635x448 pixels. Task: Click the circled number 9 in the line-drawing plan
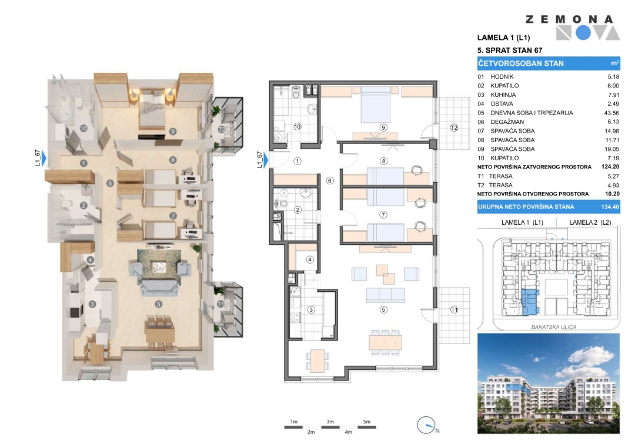click(383, 127)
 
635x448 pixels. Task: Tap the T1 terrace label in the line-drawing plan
click(454, 309)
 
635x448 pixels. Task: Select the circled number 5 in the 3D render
click(158, 304)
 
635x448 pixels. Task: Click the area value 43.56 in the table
click(611, 113)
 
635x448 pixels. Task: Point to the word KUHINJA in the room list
click(503, 95)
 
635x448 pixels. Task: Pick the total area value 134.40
click(610, 207)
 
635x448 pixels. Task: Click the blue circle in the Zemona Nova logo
click(583, 33)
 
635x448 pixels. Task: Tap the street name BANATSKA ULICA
click(554, 327)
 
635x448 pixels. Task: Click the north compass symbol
click(426, 426)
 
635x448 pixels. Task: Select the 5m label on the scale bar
click(366, 422)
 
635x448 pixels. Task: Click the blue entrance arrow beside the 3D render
click(44, 158)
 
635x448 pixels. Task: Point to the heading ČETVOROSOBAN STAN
click(521, 63)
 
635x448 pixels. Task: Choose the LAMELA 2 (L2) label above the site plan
click(590, 223)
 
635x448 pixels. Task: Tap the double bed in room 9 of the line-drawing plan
click(375, 105)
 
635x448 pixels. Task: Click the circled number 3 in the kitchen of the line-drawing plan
click(311, 309)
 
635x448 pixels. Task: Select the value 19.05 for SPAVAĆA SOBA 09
click(611, 149)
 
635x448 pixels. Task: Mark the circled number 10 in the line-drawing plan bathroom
click(298, 127)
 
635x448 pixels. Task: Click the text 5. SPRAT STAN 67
click(510, 50)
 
